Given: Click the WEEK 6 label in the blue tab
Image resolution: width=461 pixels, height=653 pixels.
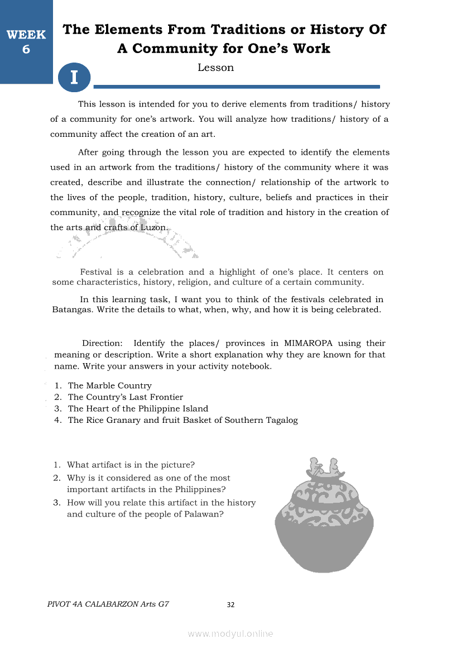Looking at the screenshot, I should pos(26,42).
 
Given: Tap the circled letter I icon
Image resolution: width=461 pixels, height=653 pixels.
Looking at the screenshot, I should pos(74,77).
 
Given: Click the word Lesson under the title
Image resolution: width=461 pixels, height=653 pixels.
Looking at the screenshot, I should pos(215,68).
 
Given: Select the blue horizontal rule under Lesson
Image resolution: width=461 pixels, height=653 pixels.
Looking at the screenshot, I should pos(237,87).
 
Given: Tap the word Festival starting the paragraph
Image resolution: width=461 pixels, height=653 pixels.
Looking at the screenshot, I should pos(96,272).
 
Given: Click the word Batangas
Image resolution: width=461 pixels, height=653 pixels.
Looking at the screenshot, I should pos(73,309).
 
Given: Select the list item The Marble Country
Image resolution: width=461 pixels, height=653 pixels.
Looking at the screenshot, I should pos(109,385).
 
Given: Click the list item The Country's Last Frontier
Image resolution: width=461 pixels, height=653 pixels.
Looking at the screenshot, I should pos(125,397).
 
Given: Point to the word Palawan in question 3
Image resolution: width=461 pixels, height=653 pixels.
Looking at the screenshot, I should pos(204,514).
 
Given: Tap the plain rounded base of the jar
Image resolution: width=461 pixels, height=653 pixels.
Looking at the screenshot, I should pos(324,547).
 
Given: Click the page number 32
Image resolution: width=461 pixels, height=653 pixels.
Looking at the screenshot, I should pos(231,604).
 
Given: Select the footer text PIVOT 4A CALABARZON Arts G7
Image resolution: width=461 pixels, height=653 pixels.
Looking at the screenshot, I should pos(108,604).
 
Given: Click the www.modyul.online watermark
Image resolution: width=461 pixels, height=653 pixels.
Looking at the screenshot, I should pos(231,633).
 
